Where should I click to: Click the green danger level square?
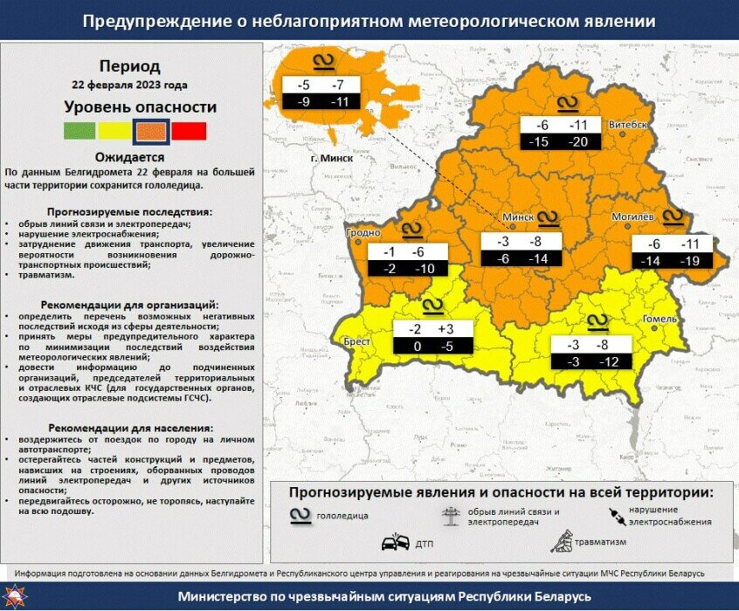tap(80, 131)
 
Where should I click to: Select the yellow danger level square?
tap(114, 131)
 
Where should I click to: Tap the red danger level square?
tap(189, 131)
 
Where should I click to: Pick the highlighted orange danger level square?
tap(150, 131)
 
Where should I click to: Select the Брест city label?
tap(355, 342)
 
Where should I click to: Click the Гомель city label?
tap(660, 319)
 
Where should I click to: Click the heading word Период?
tap(129, 66)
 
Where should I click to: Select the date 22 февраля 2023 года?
tap(129, 86)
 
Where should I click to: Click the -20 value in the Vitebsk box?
tap(578, 141)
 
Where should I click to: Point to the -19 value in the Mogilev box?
tap(691, 260)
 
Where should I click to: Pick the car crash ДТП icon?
tap(396, 543)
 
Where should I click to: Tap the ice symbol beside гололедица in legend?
tap(300, 515)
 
